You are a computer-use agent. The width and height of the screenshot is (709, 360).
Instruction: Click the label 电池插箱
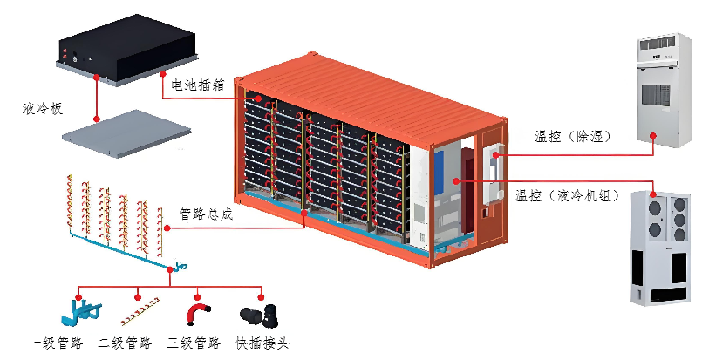pyautogui.click(x=199, y=85)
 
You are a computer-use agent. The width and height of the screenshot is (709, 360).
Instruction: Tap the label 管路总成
pyautogui.click(x=206, y=214)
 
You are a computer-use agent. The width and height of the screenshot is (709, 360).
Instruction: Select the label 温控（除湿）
pyautogui.click(x=573, y=137)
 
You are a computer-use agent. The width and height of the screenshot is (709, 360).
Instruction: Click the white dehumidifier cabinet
pyautogui.click(x=660, y=87)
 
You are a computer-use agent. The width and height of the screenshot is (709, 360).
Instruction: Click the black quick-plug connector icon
pyautogui.click(x=258, y=315)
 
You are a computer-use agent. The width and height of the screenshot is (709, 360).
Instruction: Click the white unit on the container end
pyautogui.click(x=492, y=173)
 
